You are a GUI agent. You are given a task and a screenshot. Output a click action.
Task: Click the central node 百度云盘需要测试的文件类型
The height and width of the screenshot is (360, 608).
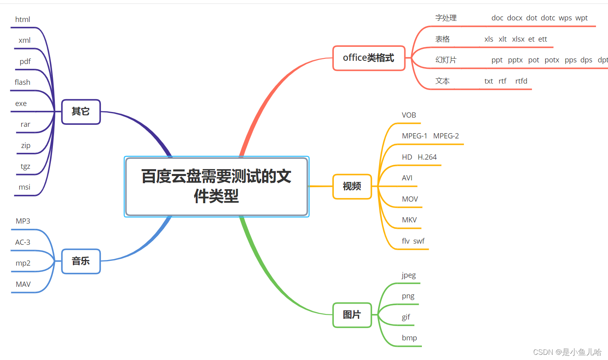pyautogui.click(x=217, y=186)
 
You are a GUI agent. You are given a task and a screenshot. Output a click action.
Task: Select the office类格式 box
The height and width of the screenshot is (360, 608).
pyautogui.click(x=369, y=58)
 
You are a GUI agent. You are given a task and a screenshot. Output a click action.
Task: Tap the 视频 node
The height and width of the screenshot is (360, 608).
pyautogui.click(x=352, y=186)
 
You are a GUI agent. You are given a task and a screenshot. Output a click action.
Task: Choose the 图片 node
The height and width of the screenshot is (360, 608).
pyautogui.click(x=352, y=315)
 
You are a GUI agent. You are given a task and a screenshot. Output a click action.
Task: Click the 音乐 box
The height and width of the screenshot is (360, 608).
pyautogui.click(x=81, y=261)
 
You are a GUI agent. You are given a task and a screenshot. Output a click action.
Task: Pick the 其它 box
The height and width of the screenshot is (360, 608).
pyautogui.click(x=81, y=112)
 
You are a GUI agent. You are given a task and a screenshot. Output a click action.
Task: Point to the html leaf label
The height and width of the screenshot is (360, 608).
pyautogui.click(x=22, y=20)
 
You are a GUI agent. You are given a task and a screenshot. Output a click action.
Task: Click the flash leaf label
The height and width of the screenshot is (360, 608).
pyautogui.click(x=22, y=82)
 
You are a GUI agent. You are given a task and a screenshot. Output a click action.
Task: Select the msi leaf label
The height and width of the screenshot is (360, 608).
pyautogui.click(x=24, y=187)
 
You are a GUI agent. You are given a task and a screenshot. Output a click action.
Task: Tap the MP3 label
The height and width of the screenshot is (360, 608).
pyautogui.click(x=23, y=221)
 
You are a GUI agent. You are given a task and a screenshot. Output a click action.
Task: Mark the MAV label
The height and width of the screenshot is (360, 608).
pyautogui.click(x=23, y=284)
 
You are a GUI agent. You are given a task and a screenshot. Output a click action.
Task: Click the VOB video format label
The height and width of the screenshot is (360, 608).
pyautogui.click(x=409, y=115)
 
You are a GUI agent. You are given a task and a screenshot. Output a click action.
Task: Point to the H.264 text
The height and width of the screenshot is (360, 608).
pyautogui.click(x=427, y=157)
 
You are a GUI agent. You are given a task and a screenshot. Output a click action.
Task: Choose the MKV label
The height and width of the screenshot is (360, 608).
pyautogui.click(x=409, y=220)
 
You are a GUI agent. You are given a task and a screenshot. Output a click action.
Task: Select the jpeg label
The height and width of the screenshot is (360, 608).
pyautogui.click(x=409, y=275)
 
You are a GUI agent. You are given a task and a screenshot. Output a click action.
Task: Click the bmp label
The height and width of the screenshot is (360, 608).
pyautogui.click(x=409, y=338)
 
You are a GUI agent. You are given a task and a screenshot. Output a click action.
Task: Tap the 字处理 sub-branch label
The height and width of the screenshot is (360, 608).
pyautogui.click(x=446, y=18)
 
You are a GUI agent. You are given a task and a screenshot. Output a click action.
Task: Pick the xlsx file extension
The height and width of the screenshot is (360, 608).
pyautogui.click(x=518, y=39)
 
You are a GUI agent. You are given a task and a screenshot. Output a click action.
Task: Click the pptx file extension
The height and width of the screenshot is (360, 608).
pyautogui.click(x=515, y=60)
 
